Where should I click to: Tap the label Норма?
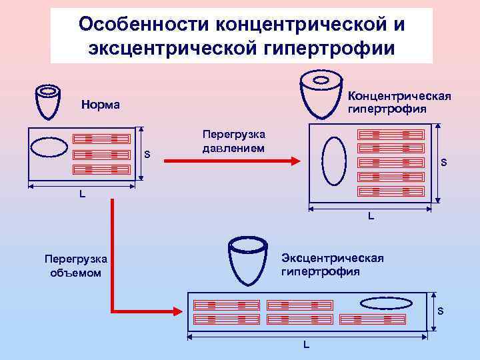point(100,105)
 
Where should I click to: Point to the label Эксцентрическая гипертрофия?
point(332,265)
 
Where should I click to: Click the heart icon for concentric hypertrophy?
point(323,93)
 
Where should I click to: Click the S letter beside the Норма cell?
point(147,155)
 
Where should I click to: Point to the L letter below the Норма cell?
point(82,194)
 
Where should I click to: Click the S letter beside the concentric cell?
point(445,163)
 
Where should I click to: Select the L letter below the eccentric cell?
point(307,345)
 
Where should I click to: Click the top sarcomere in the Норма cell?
point(101,139)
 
